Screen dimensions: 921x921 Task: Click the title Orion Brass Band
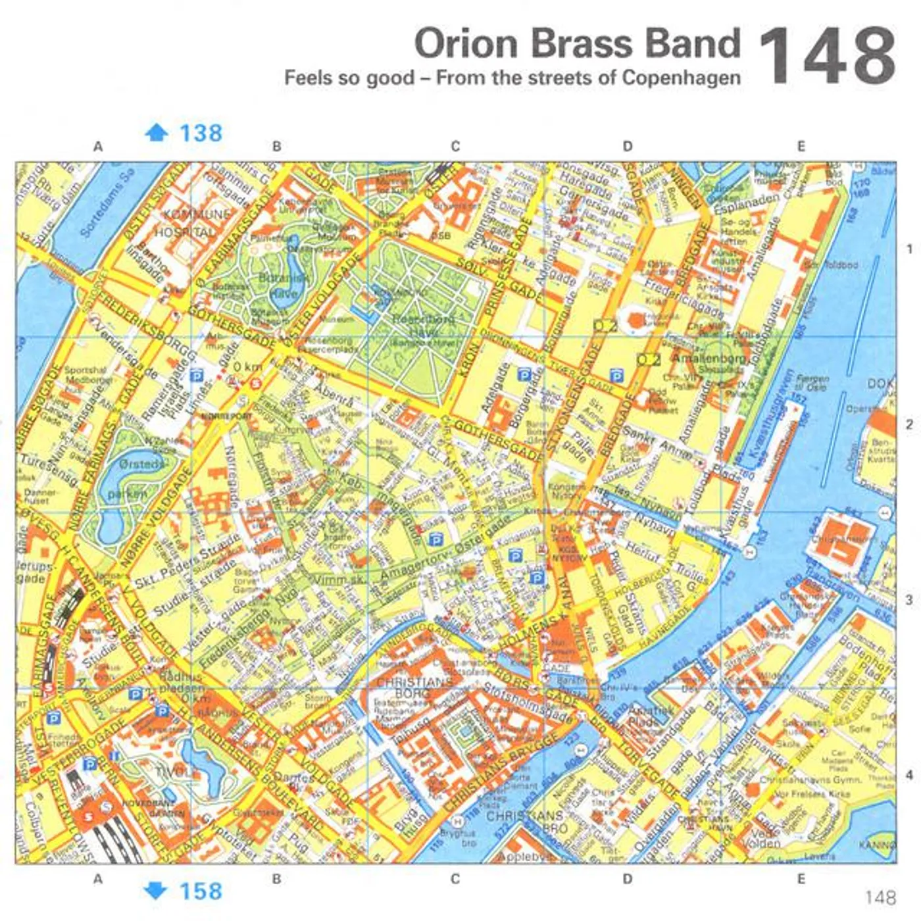[x=577, y=43]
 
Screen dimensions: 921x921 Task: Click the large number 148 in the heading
[x=827, y=56]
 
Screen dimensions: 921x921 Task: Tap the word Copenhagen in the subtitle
[x=682, y=78]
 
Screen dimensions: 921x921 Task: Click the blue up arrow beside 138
[x=156, y=133]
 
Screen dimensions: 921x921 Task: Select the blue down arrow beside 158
[x=156, y=891]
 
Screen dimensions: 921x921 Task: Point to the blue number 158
[x=201, y=891]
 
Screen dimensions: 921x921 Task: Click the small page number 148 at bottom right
[x=880, y=897]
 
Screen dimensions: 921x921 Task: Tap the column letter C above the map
[x=455, y=146]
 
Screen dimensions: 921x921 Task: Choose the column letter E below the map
[x=801, y=879]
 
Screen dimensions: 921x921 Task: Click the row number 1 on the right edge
[x=910, y=249]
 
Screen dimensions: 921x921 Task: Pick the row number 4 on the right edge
[x=910, y=775]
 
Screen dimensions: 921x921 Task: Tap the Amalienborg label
[x=708, y=357]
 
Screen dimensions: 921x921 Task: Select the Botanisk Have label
[x=284, y=286]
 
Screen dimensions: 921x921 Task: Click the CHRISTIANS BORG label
[x=414, y=687]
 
